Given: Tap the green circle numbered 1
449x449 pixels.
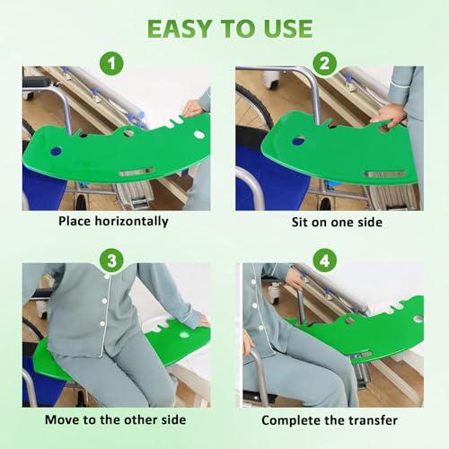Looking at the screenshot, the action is pyautogui.click(x=111, y=63).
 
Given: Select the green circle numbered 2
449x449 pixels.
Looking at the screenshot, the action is pyautogui.click(x=324, y=63).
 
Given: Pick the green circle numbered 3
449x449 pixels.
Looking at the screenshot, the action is pyautogui.click(x=111, y=260).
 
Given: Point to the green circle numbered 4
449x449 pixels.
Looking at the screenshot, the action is pyautogui.click(x=324, y=260).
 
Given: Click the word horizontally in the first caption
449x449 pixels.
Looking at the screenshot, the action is pyautogui.click(x=131, y=222).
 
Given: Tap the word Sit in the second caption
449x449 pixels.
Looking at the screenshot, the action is pyautogui.click(x=300, y=222).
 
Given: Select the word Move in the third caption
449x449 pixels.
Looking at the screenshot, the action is pyautogui.click(x=62, y=419).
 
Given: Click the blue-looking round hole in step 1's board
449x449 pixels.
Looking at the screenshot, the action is pyautogui.click(x=56, y=152).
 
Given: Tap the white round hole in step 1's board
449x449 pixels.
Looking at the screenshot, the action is pyautogui.click(x=199, y=135).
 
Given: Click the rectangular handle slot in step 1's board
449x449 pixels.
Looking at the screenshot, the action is pyautogui.click(x=136, y=172).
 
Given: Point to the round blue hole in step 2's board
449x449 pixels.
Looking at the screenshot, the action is pyautogui.click(x=298, y=140).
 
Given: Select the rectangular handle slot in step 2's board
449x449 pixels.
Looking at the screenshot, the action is pyautogui.click(x=384, y=174).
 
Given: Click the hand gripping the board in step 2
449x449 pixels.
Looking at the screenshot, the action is pyautogui.click(x=388, y=116).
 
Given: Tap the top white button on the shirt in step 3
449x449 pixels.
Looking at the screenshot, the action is pyautogui.click(x=107, y=277).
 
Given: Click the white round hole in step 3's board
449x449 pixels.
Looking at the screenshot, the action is pyautogui.click(x=184, y=334).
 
